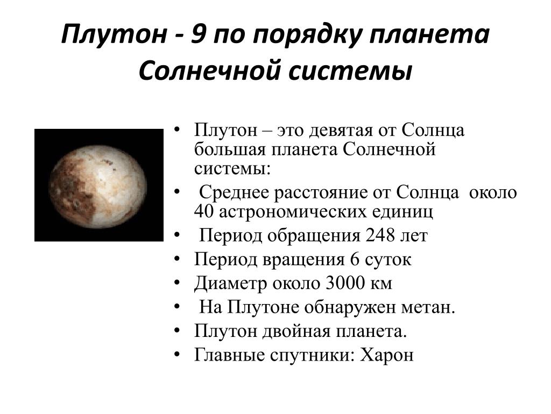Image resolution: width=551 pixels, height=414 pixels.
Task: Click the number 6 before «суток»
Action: point(354,259)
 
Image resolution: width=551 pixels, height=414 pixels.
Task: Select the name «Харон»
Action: point(386,355)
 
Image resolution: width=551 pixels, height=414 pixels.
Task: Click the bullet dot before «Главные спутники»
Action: point(177,354)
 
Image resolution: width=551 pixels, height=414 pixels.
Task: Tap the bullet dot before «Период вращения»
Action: point(177,259)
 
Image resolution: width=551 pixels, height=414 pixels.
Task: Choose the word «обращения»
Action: point(314,236)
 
